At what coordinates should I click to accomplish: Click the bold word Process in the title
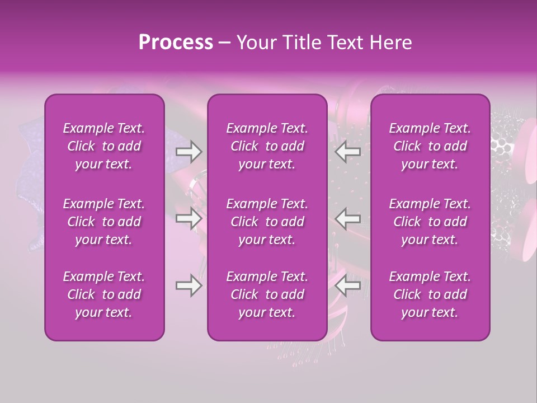176,43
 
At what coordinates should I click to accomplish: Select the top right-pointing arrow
189,151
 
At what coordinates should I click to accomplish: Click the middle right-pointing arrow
189,218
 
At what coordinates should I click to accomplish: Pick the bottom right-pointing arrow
189,285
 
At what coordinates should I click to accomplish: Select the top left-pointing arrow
347,151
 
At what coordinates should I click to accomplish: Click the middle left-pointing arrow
347,218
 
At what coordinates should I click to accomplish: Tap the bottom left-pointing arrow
347,285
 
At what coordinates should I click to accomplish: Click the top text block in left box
104,146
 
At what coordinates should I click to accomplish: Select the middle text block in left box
104,222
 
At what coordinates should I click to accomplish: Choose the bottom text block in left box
104,294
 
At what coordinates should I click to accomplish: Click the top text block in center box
267,146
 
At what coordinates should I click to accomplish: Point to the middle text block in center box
267,222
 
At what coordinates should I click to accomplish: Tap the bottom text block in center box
267,294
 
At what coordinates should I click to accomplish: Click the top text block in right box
430,146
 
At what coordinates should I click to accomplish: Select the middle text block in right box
430,222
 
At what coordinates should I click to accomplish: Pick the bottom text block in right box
430,294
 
